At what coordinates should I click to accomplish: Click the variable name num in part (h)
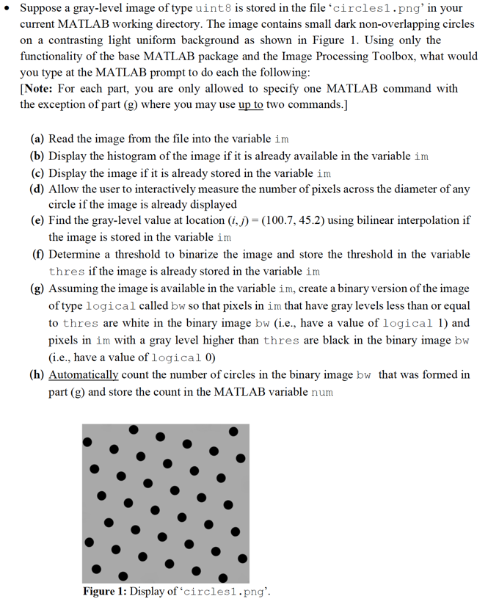(322, 392)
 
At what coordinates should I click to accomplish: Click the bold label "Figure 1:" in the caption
(108, 590)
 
